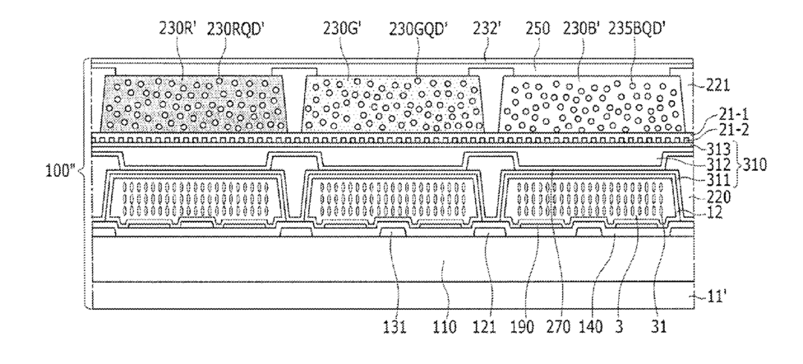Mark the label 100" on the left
click(x=61, y=176)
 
